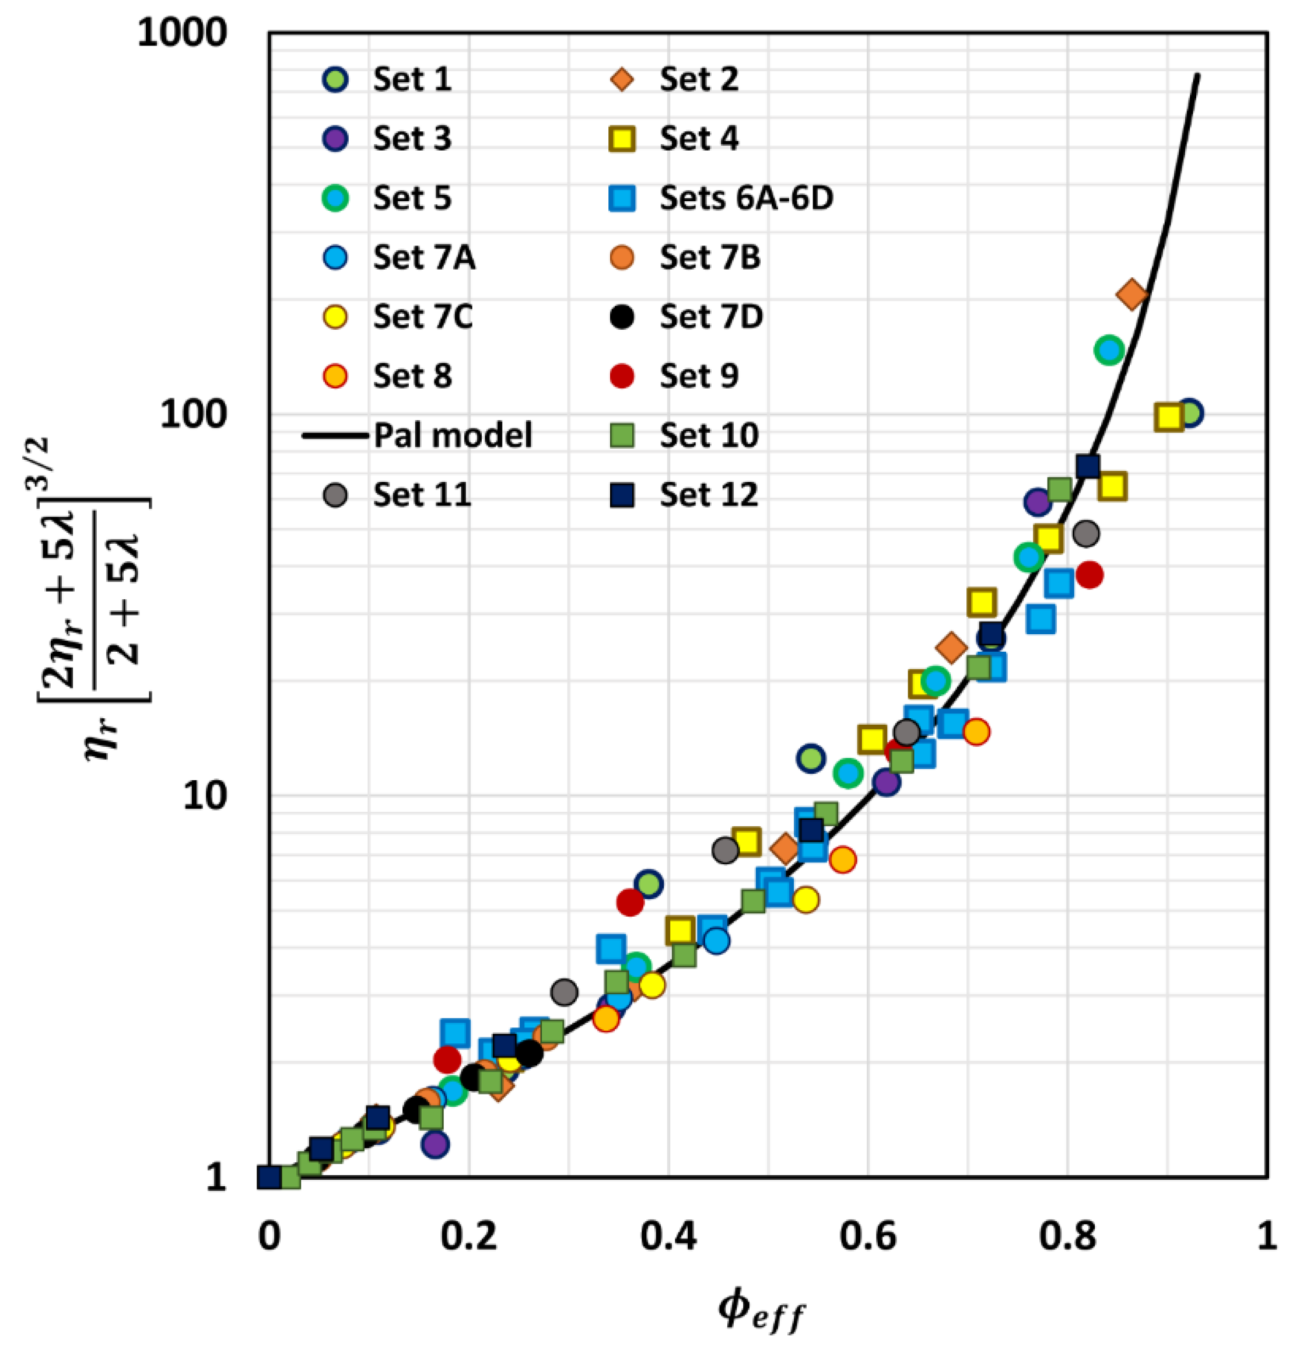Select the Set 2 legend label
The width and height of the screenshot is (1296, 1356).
(698, 79)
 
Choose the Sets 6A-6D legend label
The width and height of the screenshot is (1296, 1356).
(746, 198)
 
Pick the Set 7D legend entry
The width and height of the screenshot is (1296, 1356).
(711, 317)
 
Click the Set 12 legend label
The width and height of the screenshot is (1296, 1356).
(708, 495)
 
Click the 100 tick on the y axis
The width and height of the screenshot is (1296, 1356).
(194, 414)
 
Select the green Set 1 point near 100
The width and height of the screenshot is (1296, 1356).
(1190, 413)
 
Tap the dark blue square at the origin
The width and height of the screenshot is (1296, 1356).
(269, 1176)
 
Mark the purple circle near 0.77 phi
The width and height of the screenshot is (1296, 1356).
(1038, 502)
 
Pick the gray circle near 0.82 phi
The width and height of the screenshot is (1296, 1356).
(1086, 533)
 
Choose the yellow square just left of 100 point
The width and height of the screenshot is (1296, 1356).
(1168, 417)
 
